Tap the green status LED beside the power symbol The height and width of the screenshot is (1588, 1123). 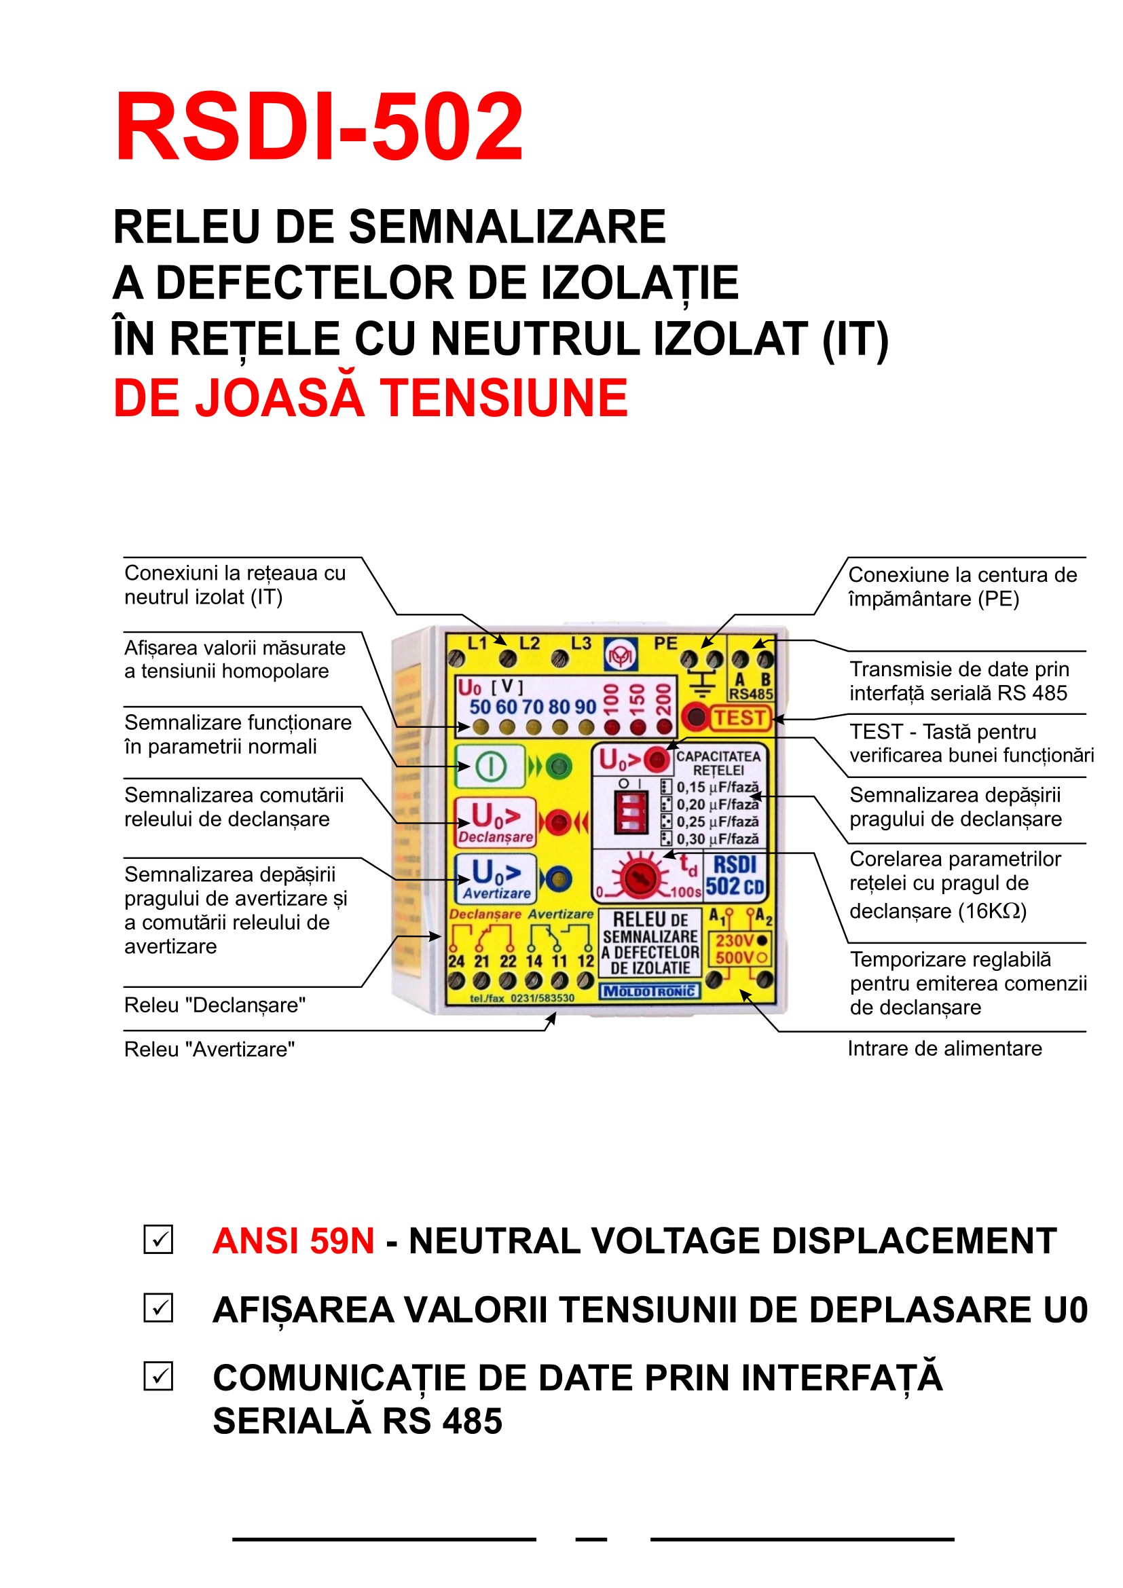click(x=558, y=767)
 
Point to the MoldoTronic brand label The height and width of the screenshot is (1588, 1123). click(x=649, y=991)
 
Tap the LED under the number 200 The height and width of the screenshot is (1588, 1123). click(x=664, y=727)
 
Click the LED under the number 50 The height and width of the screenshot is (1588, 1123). click(x=481, y=727)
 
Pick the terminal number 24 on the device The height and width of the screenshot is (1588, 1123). click(x=456, y=961)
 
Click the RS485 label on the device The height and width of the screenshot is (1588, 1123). click(x=752, y=694)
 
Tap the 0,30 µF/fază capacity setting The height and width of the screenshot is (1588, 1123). click(x=717, y=839)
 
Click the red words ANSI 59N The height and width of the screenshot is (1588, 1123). click(x=293, y=1240)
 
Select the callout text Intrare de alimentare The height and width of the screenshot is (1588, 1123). click(x=944, y=1048)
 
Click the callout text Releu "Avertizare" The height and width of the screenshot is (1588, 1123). click(x=210, y=1049)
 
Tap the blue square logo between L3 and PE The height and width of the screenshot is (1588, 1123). click(x=621, y=654)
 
